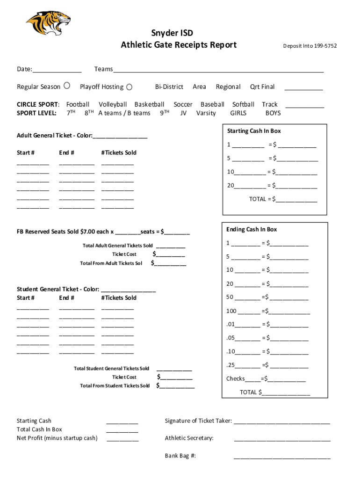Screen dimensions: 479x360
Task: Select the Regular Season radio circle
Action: (67, 86)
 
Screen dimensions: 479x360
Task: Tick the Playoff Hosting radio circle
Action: (130, 87)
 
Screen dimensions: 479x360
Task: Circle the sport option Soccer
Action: (183, 104)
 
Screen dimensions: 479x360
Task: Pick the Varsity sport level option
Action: (206, 113)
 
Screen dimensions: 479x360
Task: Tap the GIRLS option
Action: (238, 113)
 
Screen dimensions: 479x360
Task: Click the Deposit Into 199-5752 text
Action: (310, 46)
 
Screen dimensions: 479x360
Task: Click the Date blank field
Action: (57, 70)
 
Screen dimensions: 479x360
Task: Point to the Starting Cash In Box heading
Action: (254, 131)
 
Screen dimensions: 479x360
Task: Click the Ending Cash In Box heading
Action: (252, 229)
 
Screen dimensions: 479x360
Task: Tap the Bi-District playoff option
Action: (169, 87)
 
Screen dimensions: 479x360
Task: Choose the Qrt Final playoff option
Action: (262, 87)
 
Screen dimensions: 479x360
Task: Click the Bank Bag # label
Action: (180, 455)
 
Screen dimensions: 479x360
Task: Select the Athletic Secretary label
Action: (189, 438)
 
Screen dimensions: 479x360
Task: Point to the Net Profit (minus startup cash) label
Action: (57, 438)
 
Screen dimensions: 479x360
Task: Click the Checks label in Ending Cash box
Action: (236, 378)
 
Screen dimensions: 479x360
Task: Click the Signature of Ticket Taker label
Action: (198, 421)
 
